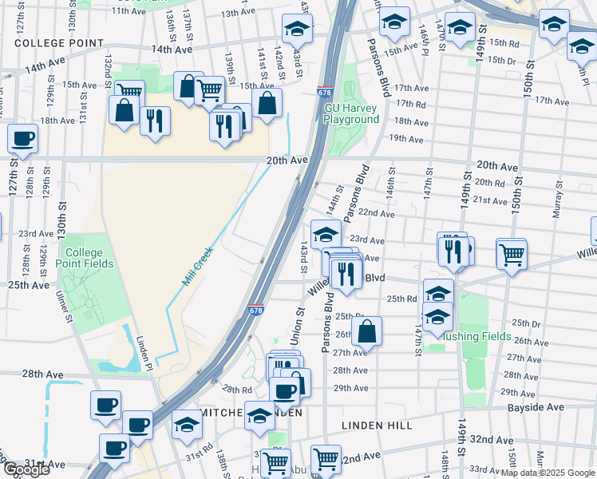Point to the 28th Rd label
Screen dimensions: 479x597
237,390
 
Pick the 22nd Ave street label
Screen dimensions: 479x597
376,213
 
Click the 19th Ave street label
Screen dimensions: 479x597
405,139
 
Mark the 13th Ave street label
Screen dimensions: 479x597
237,13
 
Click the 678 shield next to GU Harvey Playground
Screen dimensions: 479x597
325,93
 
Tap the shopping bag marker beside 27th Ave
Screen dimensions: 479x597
366,331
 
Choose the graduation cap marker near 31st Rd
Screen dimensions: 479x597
186,424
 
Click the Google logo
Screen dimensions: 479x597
27,469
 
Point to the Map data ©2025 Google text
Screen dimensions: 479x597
548,473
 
